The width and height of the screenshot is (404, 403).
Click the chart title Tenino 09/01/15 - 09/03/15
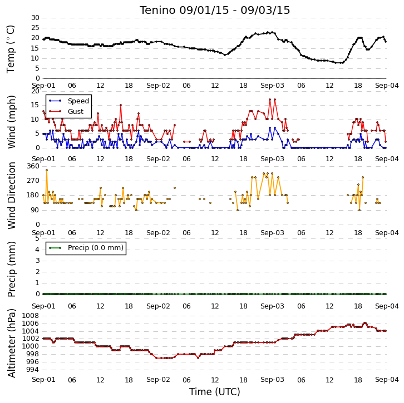point(215,11)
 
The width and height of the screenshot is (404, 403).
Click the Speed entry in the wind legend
point(78,101)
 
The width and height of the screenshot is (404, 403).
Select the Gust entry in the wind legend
point(76,111)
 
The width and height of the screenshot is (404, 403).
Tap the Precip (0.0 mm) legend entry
point(96,248)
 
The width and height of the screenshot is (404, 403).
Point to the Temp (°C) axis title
point(11,49)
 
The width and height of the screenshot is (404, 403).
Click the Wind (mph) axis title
point(11,122)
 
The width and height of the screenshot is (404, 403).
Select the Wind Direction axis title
point(11,196)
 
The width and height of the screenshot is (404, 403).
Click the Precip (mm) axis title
point(11,269)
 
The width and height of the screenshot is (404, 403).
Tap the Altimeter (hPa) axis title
point(11,344)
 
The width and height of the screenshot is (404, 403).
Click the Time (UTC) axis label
point(215,392)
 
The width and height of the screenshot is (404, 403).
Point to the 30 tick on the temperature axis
point(35,18)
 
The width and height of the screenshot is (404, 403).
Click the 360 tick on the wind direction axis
point(33,166)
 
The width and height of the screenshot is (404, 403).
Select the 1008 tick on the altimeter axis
point(31,316)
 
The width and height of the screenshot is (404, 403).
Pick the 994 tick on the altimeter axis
point(32,370)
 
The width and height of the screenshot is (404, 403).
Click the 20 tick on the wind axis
point(35,91)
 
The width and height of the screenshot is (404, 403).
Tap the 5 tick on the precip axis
point(37,238)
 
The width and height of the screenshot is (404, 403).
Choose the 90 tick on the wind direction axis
point(35,210)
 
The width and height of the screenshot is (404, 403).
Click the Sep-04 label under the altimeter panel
point(387,380)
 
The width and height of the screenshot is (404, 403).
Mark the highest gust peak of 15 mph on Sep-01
point(121,105)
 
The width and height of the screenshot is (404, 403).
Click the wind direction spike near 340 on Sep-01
point(47,170)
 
